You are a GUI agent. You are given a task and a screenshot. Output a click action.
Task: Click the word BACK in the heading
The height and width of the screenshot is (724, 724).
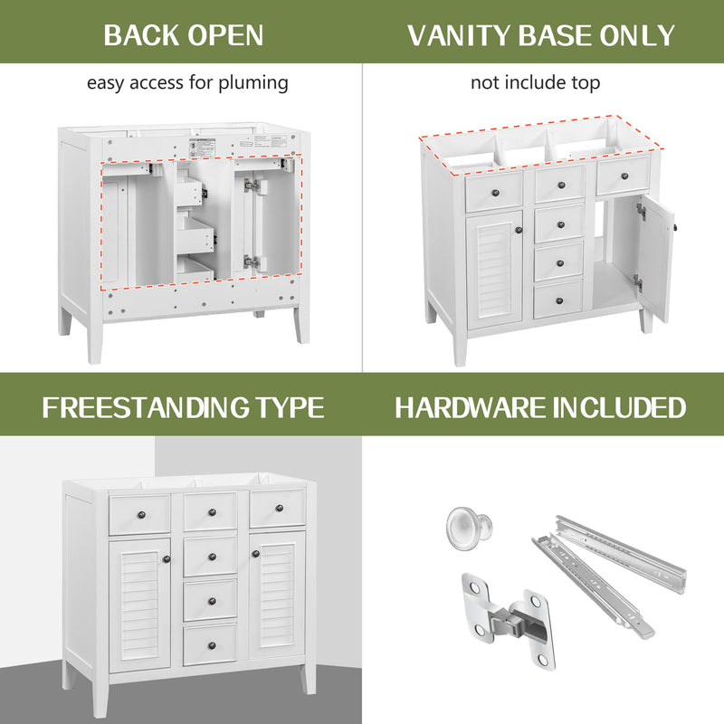click(141, 35)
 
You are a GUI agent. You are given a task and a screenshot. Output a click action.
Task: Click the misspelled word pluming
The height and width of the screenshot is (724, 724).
click(258, 83)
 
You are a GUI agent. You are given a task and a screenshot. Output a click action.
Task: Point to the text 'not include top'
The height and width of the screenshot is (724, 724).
click(534, 83)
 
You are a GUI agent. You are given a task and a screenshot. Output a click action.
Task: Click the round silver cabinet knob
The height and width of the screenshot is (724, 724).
click(469, 527)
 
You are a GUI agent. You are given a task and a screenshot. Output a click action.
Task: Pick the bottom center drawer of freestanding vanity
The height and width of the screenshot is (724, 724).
click(210, 644)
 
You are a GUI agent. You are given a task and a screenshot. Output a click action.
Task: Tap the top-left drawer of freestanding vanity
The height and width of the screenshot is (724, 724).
click(139, 513)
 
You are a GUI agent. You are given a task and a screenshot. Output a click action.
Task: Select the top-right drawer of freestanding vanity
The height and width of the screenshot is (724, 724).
click(277, 508)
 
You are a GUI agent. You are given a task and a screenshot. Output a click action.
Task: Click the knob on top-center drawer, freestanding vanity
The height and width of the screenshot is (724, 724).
click(210, 512)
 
